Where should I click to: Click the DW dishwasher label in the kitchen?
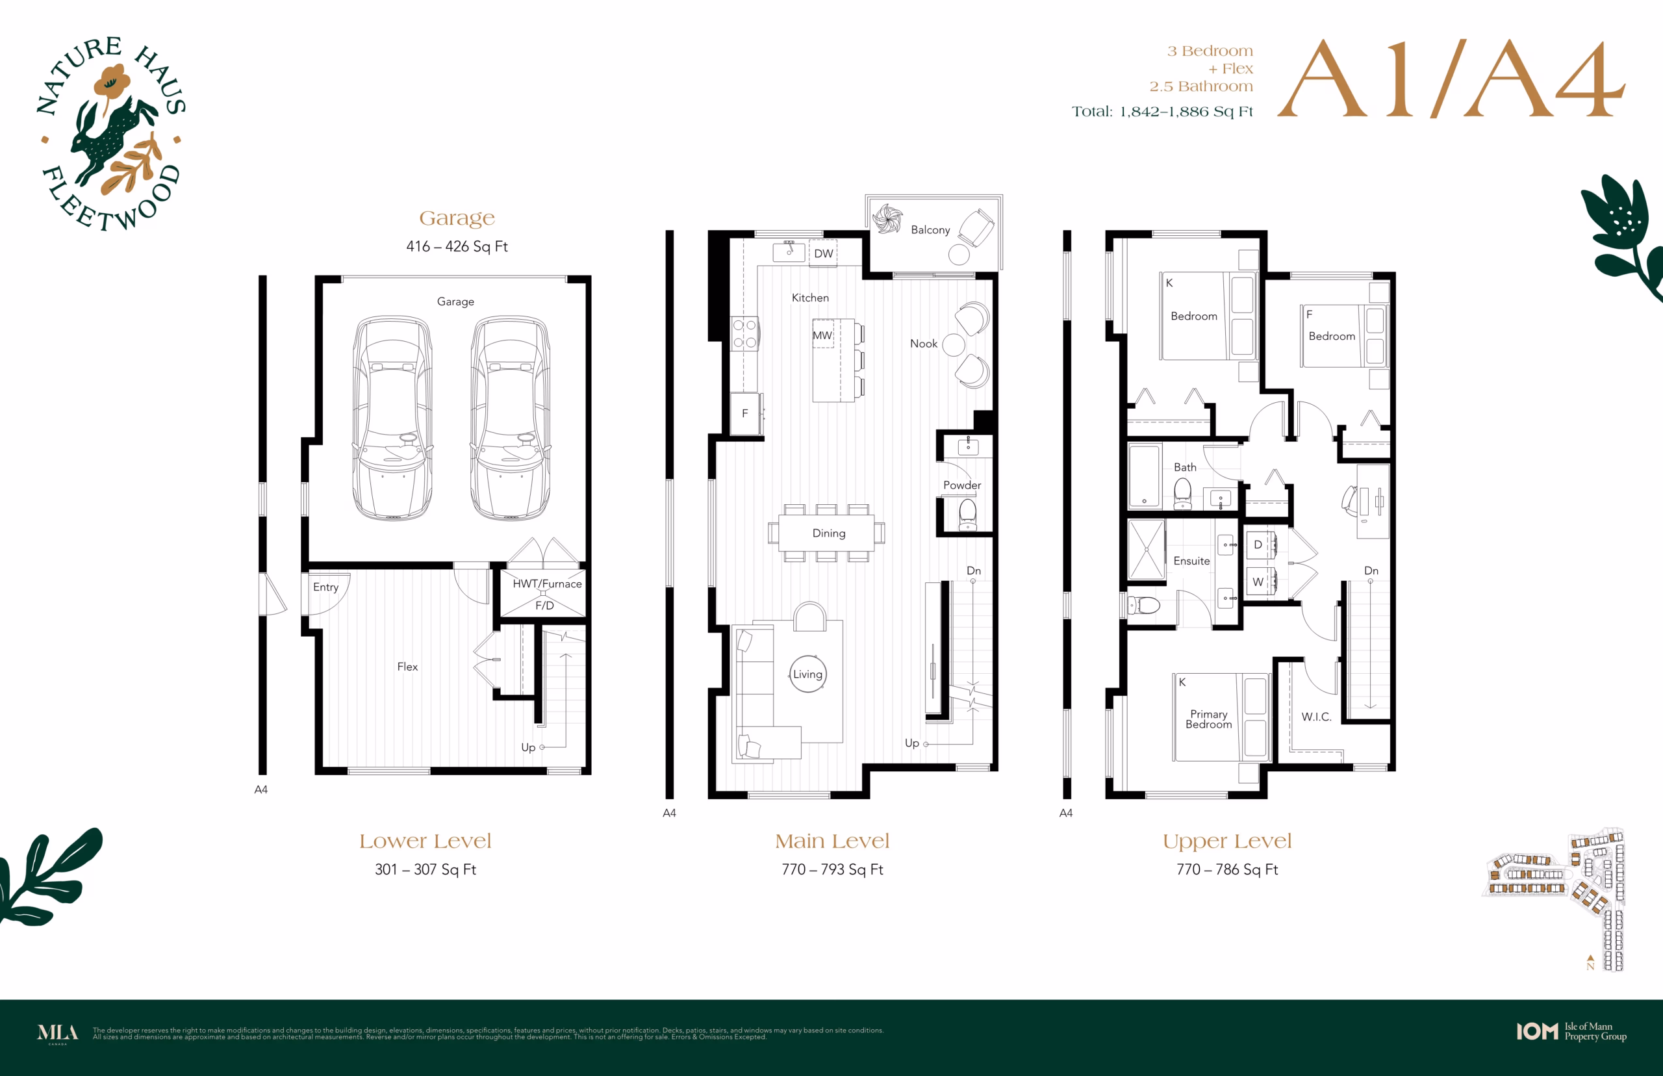pos(824,253)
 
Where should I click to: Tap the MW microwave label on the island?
pos(822,335)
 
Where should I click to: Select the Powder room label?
pos(962,485)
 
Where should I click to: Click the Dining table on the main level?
pos(826,533)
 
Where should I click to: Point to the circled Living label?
pos(807,674)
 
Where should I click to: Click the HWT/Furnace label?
pos(547,583)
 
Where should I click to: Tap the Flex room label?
pos(407,667)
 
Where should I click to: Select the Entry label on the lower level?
pos(325,587)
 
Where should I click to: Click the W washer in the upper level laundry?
pos(1258,582)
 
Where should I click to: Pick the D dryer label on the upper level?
pos(1258,544)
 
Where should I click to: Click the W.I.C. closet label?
pos(1316,717)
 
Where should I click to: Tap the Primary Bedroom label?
pos(1208,719)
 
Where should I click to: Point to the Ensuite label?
pos(1191,561)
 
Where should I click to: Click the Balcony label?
pos(930,230)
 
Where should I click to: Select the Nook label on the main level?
pos(923,344)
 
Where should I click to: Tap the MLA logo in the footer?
pos(57,1033)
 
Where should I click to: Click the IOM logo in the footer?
pos(1536,1031)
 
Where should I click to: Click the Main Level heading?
pos(832,841)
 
